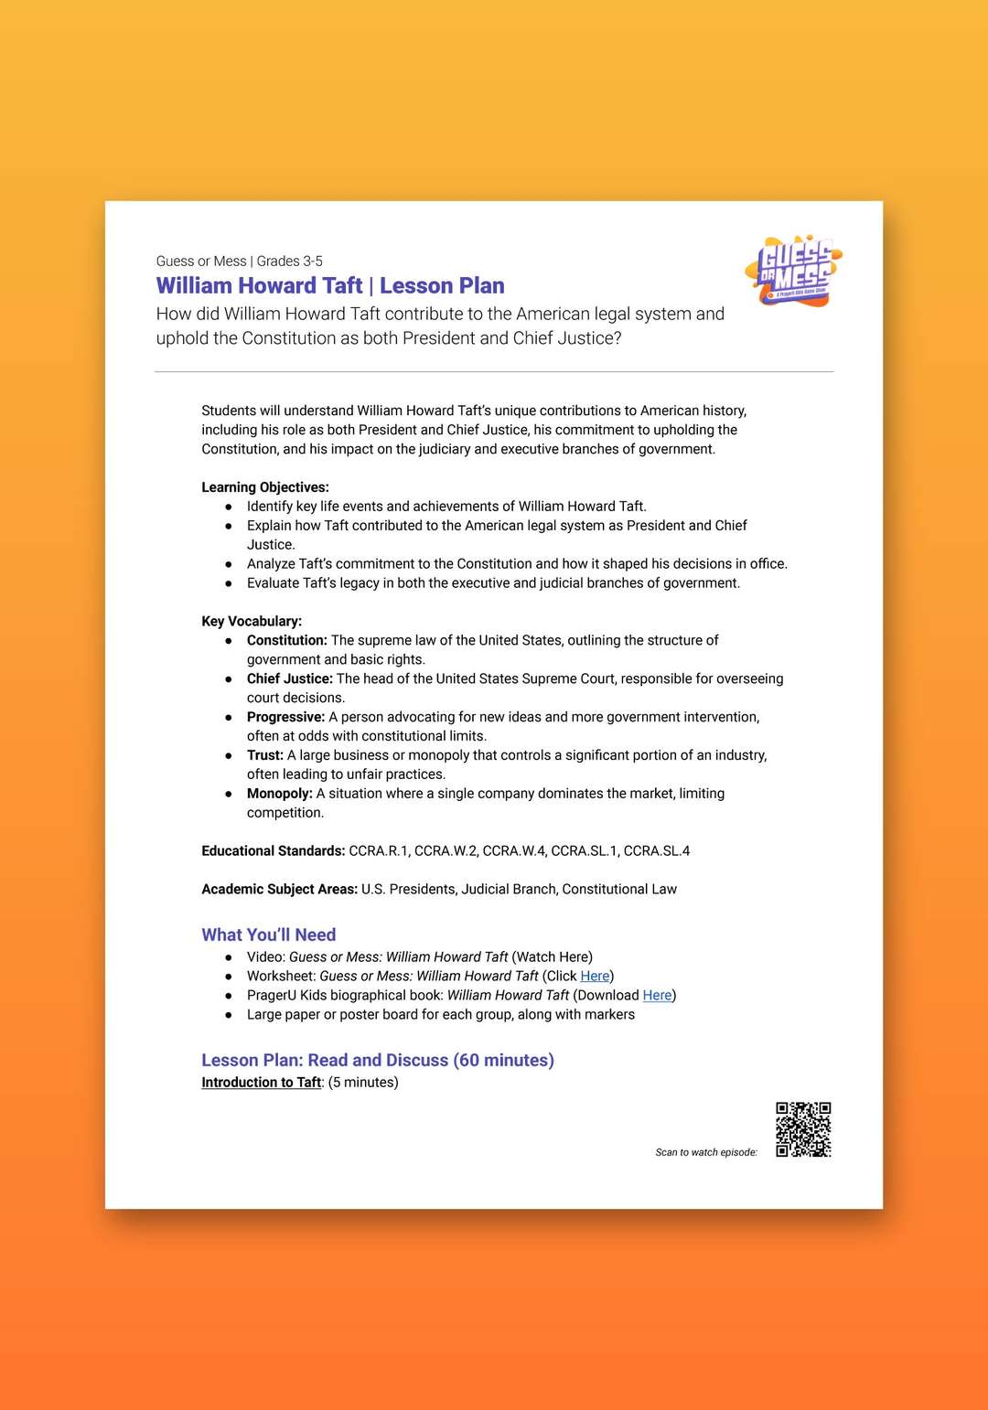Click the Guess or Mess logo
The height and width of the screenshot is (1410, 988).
click(793, 271)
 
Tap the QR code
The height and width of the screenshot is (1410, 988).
click(803, 1129)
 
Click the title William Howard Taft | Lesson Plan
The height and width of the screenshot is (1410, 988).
click(330, 286)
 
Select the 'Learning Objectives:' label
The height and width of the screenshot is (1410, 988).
click(265, 487)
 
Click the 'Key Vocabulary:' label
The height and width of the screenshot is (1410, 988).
click(252, 621)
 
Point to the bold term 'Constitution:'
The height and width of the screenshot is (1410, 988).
click(286, 640)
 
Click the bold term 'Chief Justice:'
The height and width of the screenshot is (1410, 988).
click(289, 678)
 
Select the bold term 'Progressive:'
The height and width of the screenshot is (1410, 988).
click(285, 717)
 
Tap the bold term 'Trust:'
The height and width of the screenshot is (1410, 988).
click(265, 755)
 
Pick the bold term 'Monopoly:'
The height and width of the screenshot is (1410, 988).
click(279, 794)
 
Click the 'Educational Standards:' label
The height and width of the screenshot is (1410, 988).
click(273, 851)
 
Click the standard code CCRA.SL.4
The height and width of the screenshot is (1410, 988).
click(657, 851)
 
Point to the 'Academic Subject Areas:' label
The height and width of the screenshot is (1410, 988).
click(279, 890)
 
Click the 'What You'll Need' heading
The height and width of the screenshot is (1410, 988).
click(269, 935)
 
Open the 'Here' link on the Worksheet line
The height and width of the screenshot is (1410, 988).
click(595, 977)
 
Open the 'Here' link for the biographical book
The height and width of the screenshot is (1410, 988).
click(657, 996)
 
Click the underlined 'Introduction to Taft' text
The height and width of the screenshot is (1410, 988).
click(262, 1083)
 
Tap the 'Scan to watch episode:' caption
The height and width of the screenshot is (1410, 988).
click(706, 1152)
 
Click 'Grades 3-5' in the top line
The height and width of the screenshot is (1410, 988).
click(290, 262)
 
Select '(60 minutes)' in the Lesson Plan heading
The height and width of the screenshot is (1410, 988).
click(503, 1061)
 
